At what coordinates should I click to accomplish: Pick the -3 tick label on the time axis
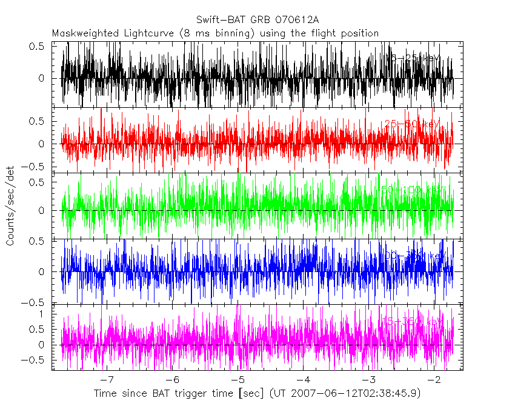point(368,380)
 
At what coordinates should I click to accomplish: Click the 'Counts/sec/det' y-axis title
point(11,207)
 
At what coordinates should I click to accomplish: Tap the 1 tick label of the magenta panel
point(41,314)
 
